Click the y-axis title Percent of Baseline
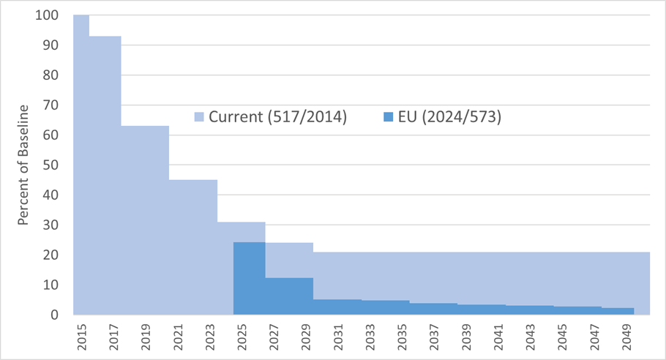(23, 165)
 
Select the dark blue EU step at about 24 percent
(250, 278)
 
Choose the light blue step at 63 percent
(145, 220)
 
